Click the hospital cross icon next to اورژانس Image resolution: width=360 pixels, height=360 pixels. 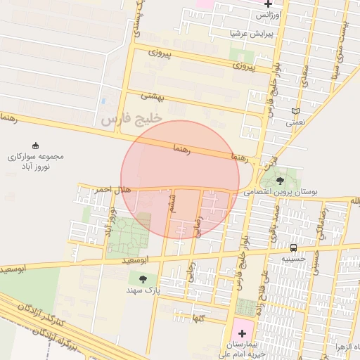pyautogui.click(x=269, y=4)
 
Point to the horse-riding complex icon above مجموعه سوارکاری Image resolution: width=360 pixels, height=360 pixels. pyautogui.click(x=35, y=145)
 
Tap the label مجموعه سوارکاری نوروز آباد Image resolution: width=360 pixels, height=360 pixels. pyautogui.click(x=35, y=162)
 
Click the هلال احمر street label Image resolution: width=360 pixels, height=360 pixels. pyautogui.click(x=94, y=190)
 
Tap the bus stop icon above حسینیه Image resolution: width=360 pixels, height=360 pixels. pyautogui.click(x=293, y=247)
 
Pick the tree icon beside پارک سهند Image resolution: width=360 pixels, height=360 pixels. pyautogui.click(x=143, y=279)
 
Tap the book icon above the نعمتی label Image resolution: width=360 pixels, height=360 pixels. pyautogui.click(x=295, y=110)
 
